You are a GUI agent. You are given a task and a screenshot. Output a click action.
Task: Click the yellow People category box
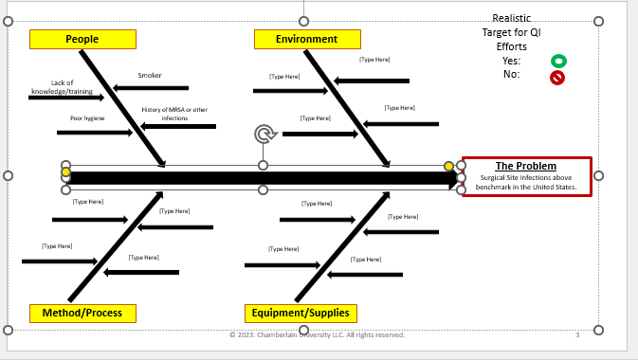click(x=82, y=39)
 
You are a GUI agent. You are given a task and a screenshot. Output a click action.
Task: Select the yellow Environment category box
click(x=307, y=39)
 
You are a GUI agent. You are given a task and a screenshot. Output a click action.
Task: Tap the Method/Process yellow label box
click(x=82, y=313)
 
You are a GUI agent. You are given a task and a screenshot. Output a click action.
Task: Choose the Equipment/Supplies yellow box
click(x=301, y=313)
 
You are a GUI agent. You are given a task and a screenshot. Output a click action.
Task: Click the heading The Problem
click(x=526, y=167)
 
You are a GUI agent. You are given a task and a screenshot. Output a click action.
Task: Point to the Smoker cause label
click(x=150, y=76)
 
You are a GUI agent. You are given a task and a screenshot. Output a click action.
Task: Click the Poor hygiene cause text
click(x=87, y=118)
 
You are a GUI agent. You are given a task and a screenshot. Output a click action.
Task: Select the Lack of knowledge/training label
click(x=63, y=87)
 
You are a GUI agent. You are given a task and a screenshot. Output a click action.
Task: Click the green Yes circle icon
click(x=558, y=61)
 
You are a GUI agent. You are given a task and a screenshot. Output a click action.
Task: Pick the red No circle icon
click(x=557, y=78)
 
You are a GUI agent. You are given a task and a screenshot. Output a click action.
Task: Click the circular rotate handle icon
click(x=264, y=134)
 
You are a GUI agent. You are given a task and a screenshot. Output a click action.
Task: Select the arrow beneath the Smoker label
click(x=151, y=88)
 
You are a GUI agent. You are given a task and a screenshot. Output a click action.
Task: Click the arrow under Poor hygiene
click(x=95, y=133)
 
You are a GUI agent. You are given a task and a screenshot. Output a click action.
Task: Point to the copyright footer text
click(x=317, y=334)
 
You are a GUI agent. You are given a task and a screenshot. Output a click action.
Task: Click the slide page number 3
click(x=576, y=334)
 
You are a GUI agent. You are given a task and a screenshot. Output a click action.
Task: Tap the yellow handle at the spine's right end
click(x=449, y=167)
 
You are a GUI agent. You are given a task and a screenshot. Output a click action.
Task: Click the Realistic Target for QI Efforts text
click(x=511, y=32)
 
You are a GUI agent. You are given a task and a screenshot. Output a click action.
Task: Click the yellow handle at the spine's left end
click(x=65, y=172)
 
